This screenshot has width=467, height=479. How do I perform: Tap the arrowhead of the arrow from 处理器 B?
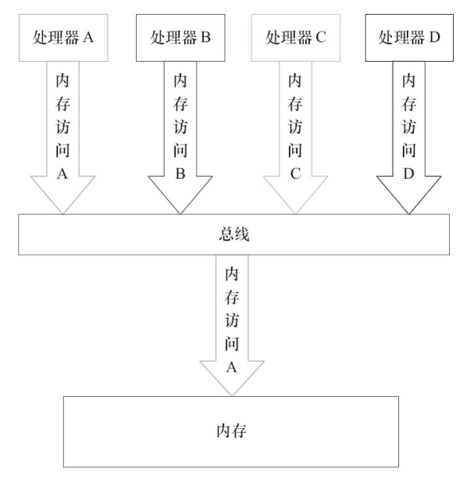tap(180, 195)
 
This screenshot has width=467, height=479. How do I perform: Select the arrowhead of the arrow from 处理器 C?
tap(294, 195)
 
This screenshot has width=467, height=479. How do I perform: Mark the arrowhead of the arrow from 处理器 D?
tap(408, 195)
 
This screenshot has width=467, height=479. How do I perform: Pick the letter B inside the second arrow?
tap(180, 174)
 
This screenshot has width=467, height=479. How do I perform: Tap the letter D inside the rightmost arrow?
tap(408, 174)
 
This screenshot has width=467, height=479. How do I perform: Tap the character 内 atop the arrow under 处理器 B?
tap(180, 80)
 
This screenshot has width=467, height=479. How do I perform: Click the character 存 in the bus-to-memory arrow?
tap(231, 298)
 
